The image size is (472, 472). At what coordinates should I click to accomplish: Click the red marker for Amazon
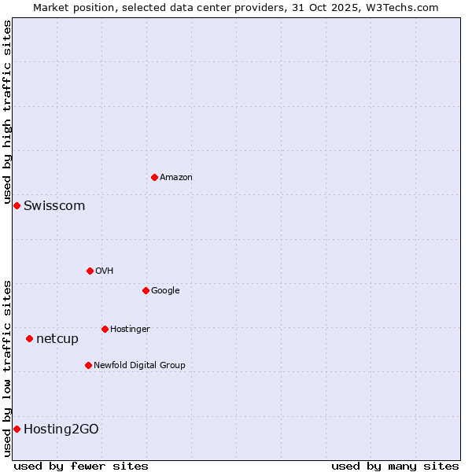tap(154, 177)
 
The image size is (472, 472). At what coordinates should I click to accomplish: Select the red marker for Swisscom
tap(17, 205)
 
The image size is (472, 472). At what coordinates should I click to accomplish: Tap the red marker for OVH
tap(90, 271)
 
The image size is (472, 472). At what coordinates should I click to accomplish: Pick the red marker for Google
tap(146, 290)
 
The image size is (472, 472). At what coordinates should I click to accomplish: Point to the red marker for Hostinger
tap(105, 329)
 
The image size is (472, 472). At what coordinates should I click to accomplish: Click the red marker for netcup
tap(29, 338)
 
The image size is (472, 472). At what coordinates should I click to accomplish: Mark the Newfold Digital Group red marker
tap(88, 365)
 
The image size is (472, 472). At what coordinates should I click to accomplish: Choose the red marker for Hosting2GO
tap(17, 429)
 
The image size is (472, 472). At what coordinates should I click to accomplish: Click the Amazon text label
tap(176, 178)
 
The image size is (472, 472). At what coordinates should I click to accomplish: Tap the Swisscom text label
tap(54, 206)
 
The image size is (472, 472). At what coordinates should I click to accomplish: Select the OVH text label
tap(105, 271)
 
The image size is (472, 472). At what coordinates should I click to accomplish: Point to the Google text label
tap(165, 291)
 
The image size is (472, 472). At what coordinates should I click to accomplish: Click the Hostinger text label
tap(130, 330)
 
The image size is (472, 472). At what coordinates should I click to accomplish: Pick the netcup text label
tap(57, 339)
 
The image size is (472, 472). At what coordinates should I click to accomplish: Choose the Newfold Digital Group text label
tap(139, 366)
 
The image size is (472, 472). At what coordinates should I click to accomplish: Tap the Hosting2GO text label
tap(61, 430)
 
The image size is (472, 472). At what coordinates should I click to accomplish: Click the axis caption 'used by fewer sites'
tap(81, 466)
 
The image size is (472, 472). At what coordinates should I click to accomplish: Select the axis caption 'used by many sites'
tap(395, 466)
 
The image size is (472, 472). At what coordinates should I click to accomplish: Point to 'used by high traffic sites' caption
tap(7, 112)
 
